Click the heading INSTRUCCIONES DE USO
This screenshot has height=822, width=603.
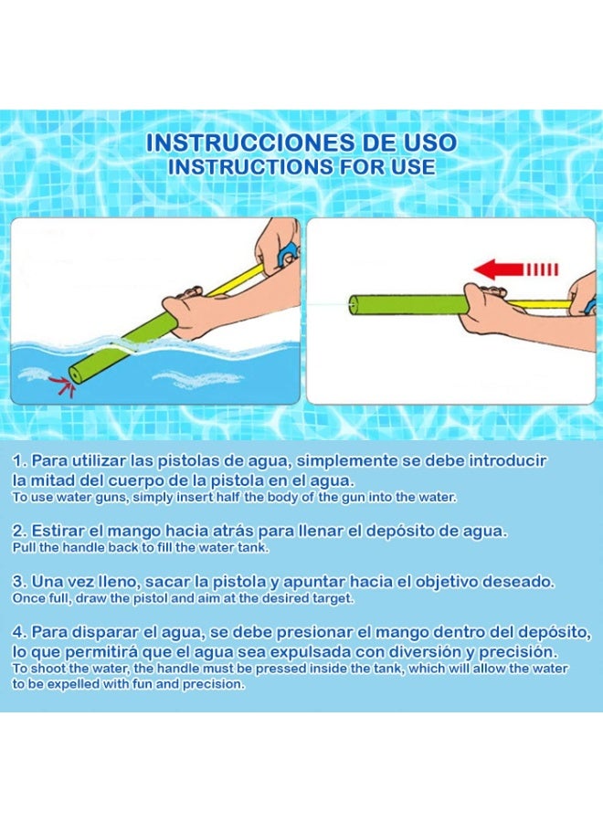[x=301, y=142]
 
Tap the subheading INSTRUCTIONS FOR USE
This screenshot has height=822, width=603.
[x=301, y=167]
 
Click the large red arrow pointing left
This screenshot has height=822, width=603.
[x=515, y=269]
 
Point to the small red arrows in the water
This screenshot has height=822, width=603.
[x=61, y=385]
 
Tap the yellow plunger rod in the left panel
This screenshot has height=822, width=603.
[x=236, y=281]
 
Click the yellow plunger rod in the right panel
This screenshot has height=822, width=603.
[x=540, y=304]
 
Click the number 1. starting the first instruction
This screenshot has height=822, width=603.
[x=20, y=461]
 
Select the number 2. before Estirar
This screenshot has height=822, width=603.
[x=20, y=531]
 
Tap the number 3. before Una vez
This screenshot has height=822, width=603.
[x=20, y=582]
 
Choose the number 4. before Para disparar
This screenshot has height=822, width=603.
[x=20, y=632]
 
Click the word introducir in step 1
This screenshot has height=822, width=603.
[x=508, y=461]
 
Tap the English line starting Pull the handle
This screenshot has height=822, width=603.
[x=141, y=547]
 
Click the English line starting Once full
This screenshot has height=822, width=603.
[x=183, y=598]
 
